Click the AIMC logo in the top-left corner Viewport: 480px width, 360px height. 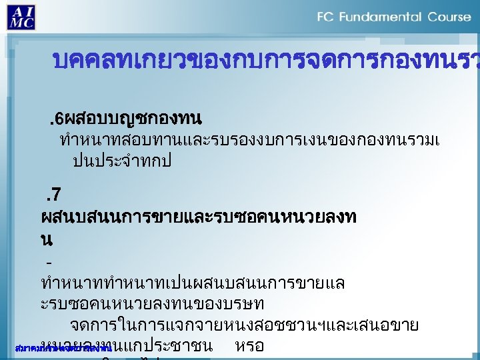[22, 16]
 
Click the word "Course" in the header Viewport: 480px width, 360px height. [450, 17]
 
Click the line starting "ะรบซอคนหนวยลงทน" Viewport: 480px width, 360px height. [153, 303]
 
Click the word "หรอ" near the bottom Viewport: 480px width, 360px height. [249, 346]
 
